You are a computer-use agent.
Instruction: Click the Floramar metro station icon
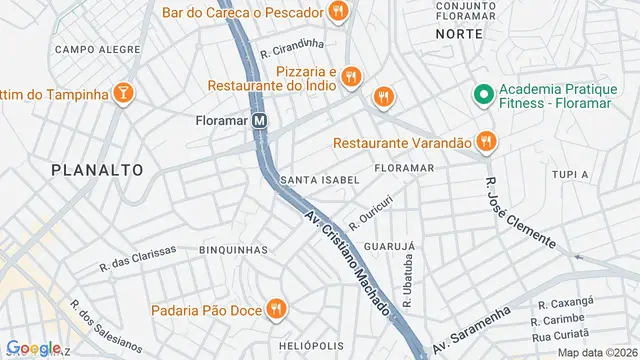pos(260,120)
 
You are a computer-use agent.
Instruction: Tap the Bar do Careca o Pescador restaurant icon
pos(339,13)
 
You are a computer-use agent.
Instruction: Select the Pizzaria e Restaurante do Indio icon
pos(350,76)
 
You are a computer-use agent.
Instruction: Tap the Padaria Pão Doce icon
pos(276,309)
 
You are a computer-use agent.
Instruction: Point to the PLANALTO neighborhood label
pos(97,170)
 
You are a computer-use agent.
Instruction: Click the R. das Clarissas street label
pos(138,258)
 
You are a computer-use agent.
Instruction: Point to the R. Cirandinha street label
pos(292,47)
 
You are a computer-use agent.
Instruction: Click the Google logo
pos(33,348)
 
